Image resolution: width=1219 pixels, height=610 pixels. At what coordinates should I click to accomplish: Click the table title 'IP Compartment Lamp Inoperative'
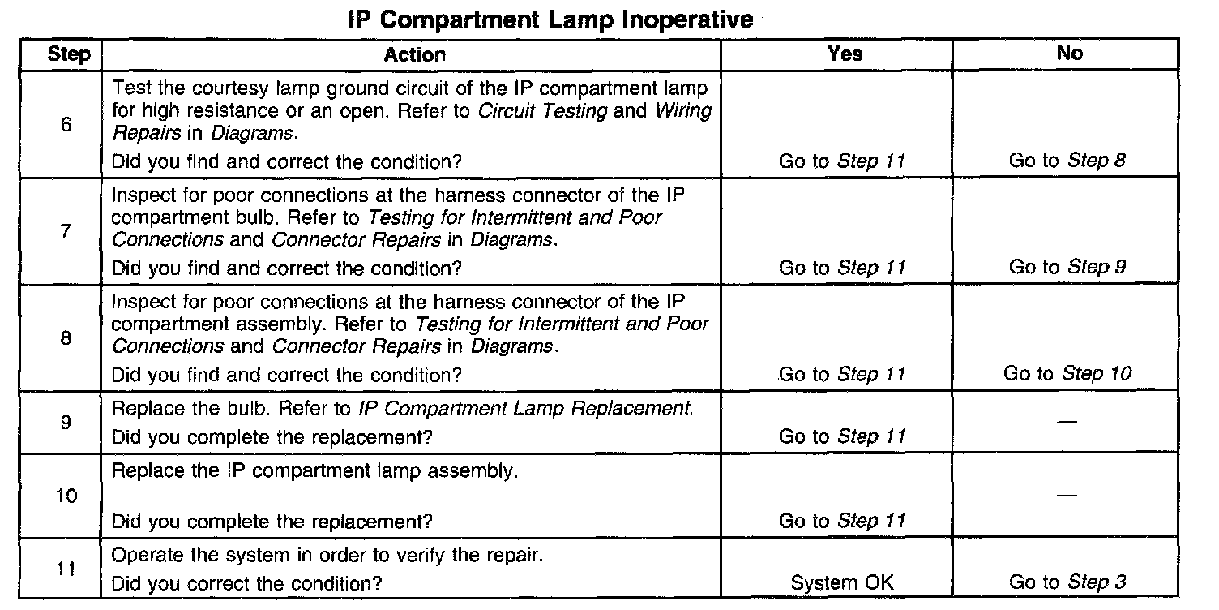click(x=550, y=20)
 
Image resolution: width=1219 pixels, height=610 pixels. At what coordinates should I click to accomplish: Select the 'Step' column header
click(x=69, y=54)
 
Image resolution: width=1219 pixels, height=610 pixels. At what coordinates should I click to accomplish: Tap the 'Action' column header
click(x=415, y=54)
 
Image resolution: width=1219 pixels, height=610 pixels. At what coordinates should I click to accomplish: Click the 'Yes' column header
click(x=845, y=54)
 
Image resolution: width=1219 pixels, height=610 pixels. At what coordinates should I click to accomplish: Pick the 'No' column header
click(x=1069, y=53)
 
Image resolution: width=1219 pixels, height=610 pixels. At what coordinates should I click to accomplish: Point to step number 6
click(x=66, y=124)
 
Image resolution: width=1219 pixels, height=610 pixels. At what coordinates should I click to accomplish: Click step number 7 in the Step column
click(x=66, y=231)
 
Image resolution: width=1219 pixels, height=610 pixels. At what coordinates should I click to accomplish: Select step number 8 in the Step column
click(x=66, y=337)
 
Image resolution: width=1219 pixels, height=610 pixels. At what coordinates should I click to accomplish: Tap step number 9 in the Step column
click(x=66, y=422)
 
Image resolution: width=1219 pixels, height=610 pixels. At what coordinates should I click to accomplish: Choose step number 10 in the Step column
click(x=66, y=496)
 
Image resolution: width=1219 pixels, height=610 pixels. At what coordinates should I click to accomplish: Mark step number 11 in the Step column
click(x=66, y=569)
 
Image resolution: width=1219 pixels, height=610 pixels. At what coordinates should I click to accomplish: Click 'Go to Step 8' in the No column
click(x=1067, y=160)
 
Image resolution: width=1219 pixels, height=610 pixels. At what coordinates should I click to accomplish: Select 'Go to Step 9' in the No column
click(x=1067, y=267)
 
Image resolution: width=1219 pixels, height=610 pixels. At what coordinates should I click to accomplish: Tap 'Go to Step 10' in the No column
click(x=1067, y=374)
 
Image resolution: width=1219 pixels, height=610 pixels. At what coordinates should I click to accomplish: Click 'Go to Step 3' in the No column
click(x=1067, y=582)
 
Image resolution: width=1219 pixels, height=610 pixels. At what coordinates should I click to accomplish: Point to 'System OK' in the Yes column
click(x=842, y=582)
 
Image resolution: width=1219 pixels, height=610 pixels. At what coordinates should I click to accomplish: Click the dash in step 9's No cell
click(x=1067, y=421)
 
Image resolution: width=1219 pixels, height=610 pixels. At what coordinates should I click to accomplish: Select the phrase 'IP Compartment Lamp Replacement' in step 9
click(x=524, y=409)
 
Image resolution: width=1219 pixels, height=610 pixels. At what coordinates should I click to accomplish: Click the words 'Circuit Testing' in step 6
click(x=542, y=110)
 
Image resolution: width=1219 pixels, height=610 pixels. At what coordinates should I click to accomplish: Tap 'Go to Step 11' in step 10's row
click(x=842, y=521)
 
